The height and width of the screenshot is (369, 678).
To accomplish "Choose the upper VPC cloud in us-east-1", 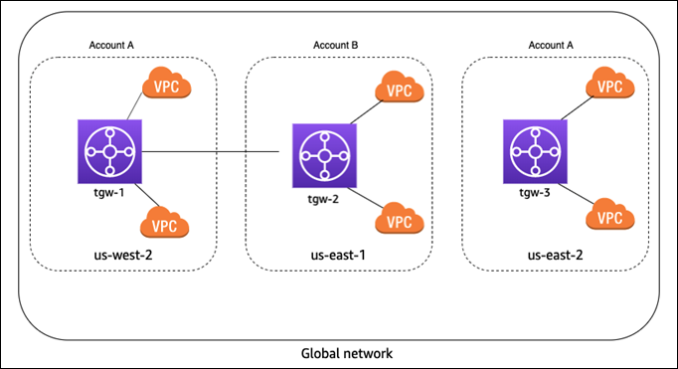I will point(400,91).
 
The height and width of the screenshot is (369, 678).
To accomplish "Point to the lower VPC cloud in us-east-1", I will point(400,221).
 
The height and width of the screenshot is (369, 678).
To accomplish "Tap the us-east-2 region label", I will point(555,257).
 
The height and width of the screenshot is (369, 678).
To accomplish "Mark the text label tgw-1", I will point(110,193).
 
